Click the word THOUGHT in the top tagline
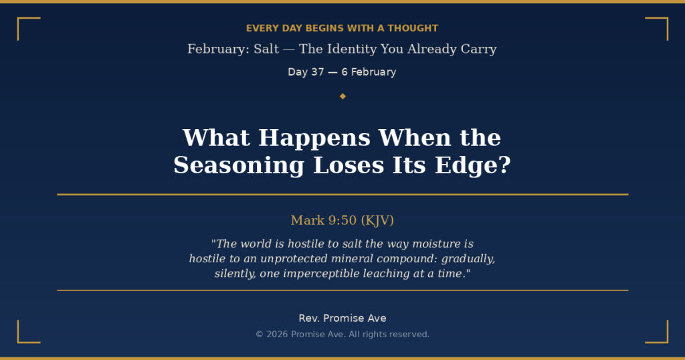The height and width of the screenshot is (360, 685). coord(413,28)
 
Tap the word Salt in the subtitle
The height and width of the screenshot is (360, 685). coord(266,49)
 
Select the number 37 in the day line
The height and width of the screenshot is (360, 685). coord(314,72)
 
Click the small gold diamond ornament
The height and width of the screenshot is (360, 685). coord(342,96)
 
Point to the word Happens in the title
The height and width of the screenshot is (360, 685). coord(314,139)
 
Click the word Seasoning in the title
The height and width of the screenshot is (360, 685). coord(239,166)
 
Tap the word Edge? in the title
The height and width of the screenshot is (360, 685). coord(473,166)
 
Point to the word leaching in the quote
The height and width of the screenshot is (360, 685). coord(387,274)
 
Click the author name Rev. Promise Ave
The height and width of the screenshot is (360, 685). coord(342,319)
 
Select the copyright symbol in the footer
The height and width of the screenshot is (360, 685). coord(260,335)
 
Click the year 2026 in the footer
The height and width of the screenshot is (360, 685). coord(278,335)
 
